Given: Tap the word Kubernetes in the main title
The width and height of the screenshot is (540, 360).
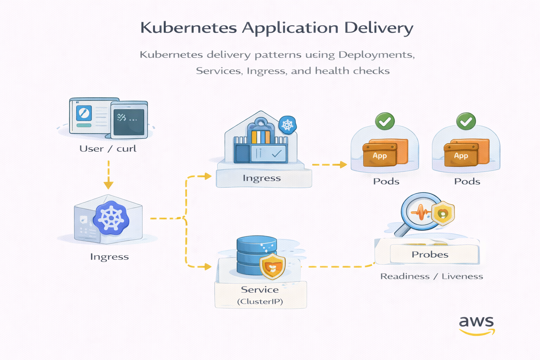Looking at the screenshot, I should click(188, 28).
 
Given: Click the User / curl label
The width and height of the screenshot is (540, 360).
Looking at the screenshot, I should click(108, 149).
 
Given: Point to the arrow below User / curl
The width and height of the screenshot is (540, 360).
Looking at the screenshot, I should click(109, 175).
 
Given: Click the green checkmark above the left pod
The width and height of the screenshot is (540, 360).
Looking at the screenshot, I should click(385, 121).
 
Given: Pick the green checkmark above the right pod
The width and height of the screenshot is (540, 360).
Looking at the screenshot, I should click(466, 121).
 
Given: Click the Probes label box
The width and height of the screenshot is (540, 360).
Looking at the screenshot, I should click(430, 254).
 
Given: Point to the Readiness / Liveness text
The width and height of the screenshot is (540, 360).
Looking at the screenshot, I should click(431, 276).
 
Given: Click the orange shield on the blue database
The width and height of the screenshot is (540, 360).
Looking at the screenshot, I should click(272, 266).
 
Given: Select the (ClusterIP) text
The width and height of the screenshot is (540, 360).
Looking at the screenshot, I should click(260, 302).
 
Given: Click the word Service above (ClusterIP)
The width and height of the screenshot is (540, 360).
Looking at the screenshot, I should click(260, 290).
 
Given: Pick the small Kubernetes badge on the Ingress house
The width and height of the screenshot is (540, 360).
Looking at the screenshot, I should click(287, 125).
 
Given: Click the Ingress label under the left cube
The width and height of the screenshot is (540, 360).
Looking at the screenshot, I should click(109, 257).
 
